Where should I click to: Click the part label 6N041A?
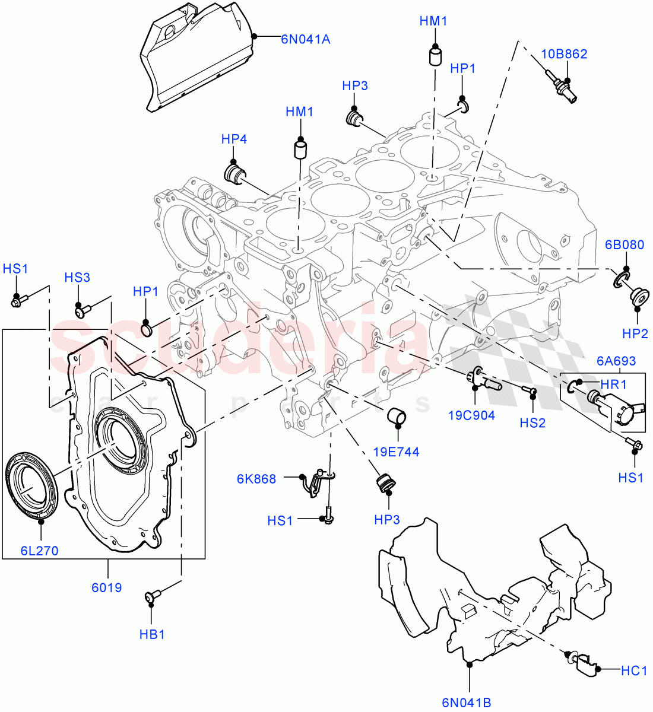tap(305, 40)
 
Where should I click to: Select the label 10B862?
tap(563, 54)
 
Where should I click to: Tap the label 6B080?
tap(625, 245)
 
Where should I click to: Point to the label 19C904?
tap(471, 415)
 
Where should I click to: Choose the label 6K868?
tap(256, 479)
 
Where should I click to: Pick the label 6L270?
tap(40, 551)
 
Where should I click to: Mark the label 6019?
tap(107, 587)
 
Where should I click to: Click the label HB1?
tap(152, 634)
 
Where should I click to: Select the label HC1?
tap(633, 671)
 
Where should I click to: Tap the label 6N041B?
tap(466, 703)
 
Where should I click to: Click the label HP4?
tap(234, 139)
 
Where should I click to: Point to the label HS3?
tap(77, 278)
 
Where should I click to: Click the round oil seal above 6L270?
tap(30, 481)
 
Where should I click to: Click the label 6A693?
tap(616, 361)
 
